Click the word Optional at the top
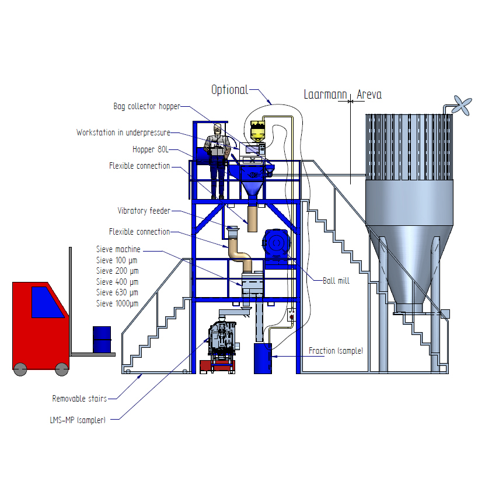tap(229, 90)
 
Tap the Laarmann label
tap(325, 95)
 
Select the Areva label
tap(369, 95)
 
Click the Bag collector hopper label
tap(146, 106)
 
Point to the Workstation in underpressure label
tap(123, 132)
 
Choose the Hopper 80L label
tap(151, 149)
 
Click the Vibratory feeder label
tap(144, 211)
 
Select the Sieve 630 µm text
tap(117, 292)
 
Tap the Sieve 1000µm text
tap(117, 303)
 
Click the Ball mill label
tap(336, 281)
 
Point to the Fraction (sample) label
tap(336, 351)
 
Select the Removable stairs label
tap(79, 399)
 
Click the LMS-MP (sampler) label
tap(78, 420)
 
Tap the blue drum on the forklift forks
tap(102, 339)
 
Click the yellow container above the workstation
tap(257, 130)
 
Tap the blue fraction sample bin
tap(263, 358)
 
